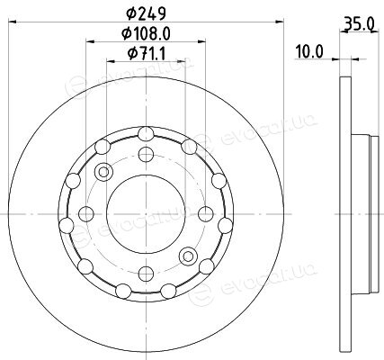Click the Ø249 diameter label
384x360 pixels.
click(146, 13)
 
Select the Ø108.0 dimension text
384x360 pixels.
click(146, 33)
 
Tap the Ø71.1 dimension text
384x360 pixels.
click(146, 54)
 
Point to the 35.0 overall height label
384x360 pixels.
click(359, 24)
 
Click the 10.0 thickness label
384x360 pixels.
click(309, 51)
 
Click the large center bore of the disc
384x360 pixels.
click(146, 214)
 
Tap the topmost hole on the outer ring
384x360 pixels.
click(146, 134)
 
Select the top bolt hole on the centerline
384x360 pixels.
click(146, 154)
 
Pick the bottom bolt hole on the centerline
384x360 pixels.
click(146, 274)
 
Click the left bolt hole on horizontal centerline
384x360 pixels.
click(86, 214)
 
